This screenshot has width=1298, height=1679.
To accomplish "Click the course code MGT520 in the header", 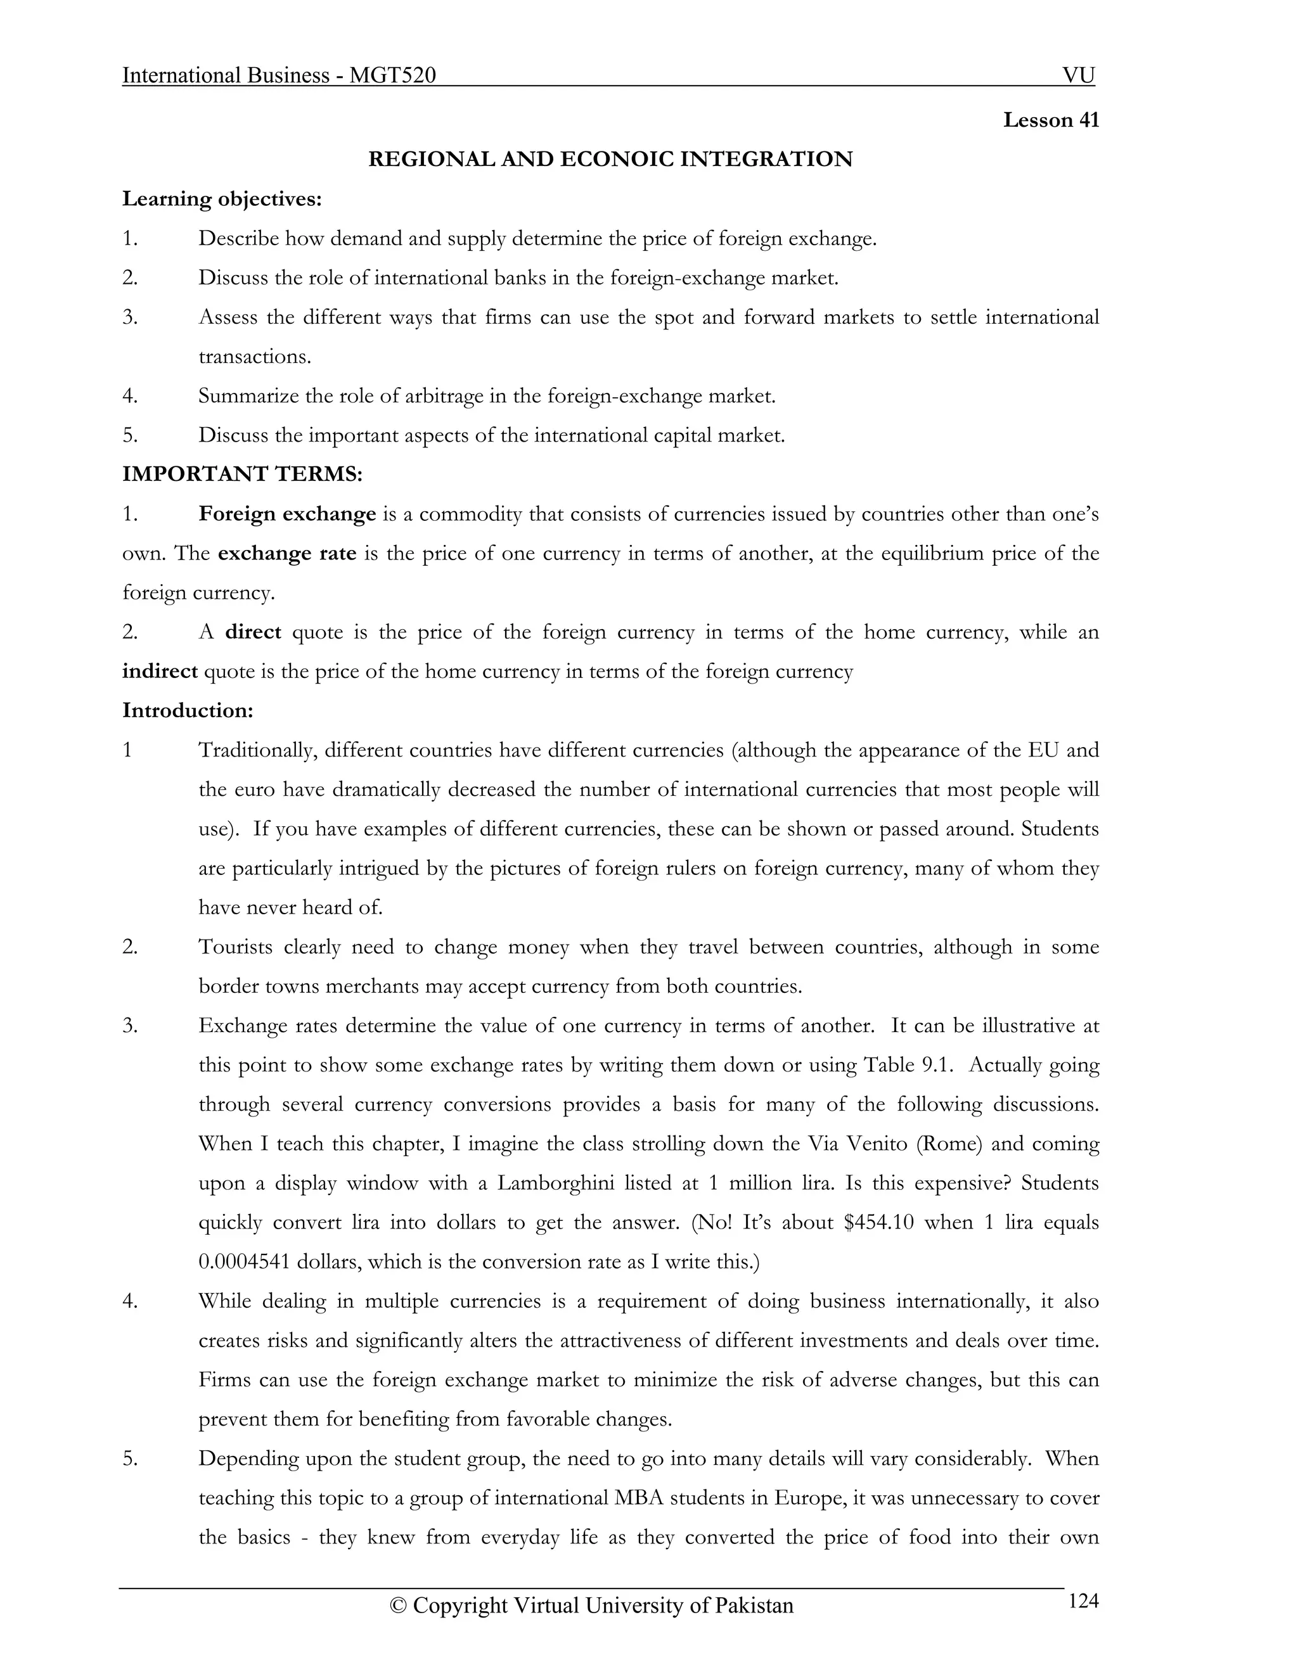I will (392, 75).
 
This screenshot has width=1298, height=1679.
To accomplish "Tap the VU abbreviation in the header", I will (1078, 75).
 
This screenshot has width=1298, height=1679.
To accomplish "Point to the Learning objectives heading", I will (221, 199).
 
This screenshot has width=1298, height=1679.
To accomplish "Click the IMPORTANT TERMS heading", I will (242, 475).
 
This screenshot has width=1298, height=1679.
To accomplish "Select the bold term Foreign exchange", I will (287, 514).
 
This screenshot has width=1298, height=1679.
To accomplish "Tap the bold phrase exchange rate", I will (287, 554).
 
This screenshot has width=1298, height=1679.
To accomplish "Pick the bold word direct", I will (253, 632).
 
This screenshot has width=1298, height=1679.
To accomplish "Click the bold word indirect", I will (160, 671).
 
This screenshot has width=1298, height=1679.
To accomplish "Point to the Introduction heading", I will (188, 710).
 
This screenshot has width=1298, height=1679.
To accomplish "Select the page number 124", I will (1083, 1601).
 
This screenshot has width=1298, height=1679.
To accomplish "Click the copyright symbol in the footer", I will (397, 1606).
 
